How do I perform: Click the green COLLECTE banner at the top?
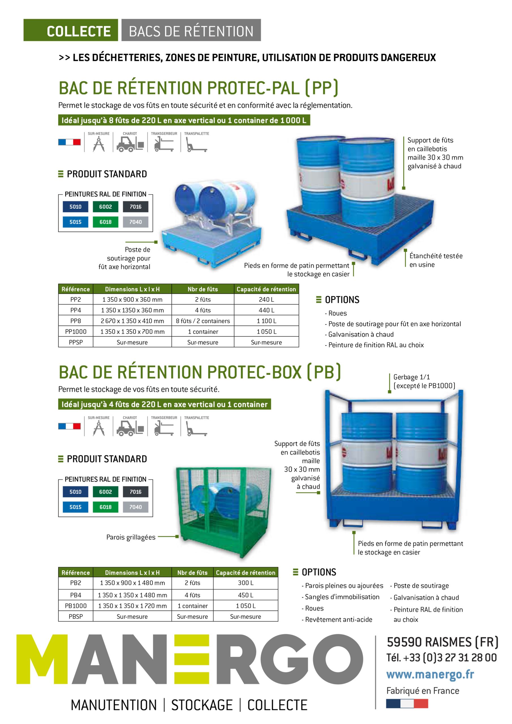click(71, 30)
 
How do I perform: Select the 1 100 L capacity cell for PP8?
click(266, 321)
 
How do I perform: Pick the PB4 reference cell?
click(76, 595)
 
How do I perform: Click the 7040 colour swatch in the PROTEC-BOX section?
click(136, 507)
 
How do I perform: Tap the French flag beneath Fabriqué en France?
click(407, 704)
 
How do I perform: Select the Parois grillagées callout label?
click(131, 537)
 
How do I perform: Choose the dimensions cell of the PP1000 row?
click(132, 331)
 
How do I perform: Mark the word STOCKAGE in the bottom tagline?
click(202, 705)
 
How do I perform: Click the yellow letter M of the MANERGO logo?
click(42, 659)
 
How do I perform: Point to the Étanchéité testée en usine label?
click(436, 260)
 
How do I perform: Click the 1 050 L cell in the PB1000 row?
click(246, 606)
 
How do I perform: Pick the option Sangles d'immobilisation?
click(341, 597)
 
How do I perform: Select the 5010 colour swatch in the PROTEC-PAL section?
click(76, 207)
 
